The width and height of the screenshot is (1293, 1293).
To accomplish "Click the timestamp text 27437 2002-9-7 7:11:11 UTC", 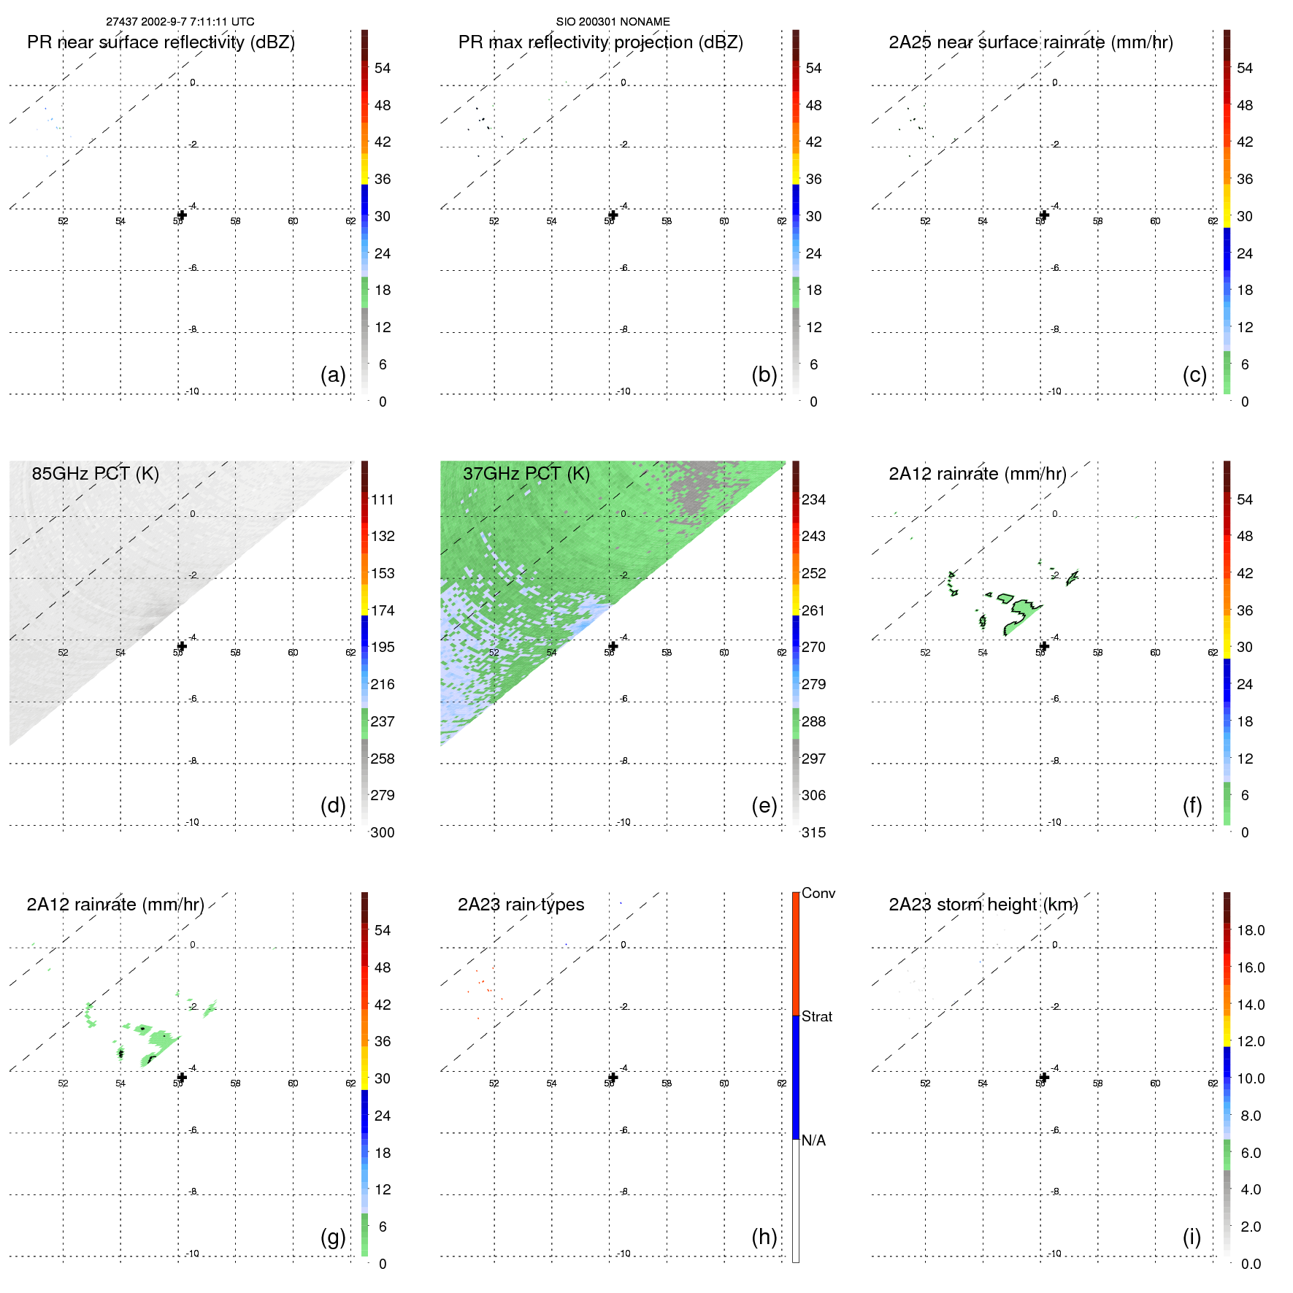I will point(180,22).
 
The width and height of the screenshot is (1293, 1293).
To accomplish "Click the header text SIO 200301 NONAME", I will point(613,22).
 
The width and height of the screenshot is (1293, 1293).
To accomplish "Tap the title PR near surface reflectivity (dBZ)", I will point(161,42).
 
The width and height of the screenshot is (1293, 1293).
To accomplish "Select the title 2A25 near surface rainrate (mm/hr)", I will point(1030,42).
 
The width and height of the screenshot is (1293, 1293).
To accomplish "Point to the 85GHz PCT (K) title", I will point(95,474).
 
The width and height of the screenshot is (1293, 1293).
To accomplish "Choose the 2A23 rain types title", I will point(521,905).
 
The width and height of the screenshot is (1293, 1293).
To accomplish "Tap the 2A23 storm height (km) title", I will point(983,905).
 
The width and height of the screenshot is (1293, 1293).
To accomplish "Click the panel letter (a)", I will point(333,375).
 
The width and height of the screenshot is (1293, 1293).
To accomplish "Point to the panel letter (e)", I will point(764,805).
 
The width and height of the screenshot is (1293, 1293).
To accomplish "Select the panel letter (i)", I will point(1192,1237).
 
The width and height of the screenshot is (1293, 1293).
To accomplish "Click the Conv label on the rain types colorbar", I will point(818,894).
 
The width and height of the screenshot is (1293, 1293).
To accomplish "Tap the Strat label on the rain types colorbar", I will point(816,1016).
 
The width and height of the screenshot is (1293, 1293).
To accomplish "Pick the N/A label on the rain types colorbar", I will point(813,1140).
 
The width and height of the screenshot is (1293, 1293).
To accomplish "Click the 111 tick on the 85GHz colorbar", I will point(383,500).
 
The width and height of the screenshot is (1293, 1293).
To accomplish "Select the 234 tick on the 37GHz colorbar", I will point(813,500).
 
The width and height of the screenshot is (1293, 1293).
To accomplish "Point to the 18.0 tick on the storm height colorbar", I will point(1250,931).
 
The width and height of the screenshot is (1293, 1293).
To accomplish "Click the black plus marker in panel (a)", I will point(182,215).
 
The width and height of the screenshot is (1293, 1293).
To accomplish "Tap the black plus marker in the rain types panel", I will point(613,1078).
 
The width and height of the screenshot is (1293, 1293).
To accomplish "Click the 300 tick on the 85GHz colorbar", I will point(383,832).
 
